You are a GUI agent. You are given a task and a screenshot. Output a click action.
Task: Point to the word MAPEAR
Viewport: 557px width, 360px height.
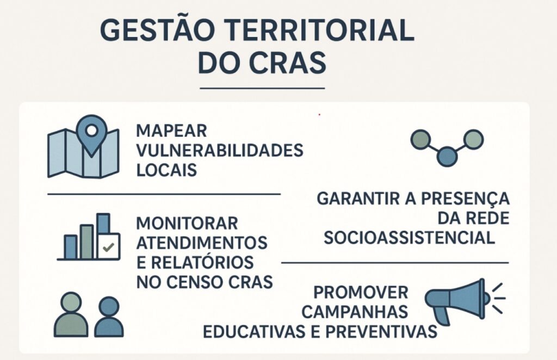coord(171,132)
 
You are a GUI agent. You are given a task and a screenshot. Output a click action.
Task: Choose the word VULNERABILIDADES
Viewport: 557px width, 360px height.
coord(219,151)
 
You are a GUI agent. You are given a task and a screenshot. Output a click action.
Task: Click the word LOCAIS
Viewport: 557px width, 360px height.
coord(166,169)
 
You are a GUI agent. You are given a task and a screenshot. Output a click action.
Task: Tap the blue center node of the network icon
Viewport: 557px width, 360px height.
coord(447,156)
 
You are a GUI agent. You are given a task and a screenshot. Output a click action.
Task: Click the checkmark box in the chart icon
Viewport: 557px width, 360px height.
coord(108,247)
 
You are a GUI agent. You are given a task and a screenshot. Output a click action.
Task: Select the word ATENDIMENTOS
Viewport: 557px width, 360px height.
coord(201,242)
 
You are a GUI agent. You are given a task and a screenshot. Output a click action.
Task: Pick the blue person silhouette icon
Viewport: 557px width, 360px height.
coord(109,316)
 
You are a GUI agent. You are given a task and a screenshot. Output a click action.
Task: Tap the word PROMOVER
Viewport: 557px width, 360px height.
coord(361,293)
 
